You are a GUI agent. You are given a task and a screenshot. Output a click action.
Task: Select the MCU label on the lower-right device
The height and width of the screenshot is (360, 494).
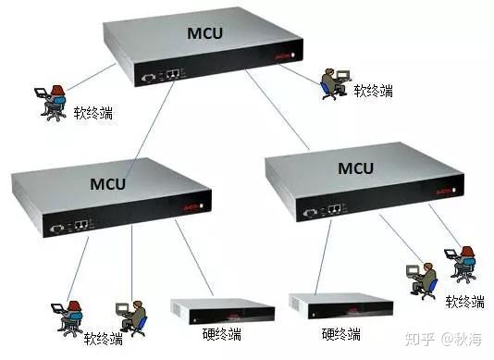pos(355,168)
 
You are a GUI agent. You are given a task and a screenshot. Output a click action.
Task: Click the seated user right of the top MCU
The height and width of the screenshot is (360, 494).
pos(333,82)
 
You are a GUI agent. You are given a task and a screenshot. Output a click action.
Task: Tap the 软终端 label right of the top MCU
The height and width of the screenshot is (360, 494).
pos(373,91)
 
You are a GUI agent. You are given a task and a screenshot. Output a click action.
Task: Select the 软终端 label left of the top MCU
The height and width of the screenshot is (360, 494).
pos(93,114)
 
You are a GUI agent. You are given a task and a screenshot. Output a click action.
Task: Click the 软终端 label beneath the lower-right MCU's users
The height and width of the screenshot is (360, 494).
pos(464,302)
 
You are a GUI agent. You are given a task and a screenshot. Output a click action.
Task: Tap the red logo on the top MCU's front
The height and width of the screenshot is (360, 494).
pos(282,57)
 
